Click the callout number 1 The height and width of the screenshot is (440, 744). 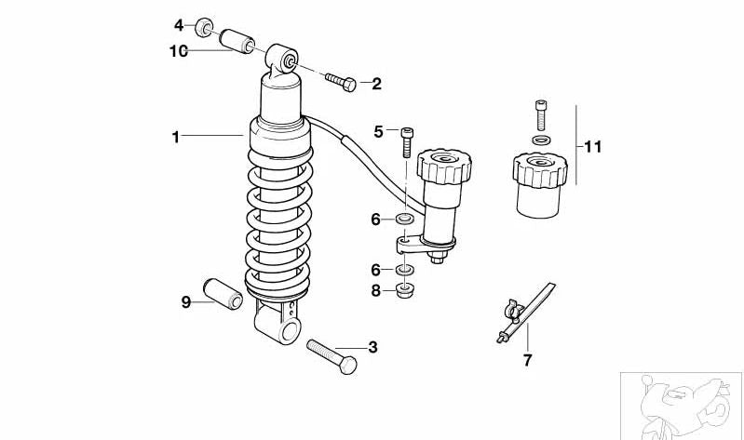click(x=174, y=137)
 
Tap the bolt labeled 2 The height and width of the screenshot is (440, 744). click(x=340, y=82)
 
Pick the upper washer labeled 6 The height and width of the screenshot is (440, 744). click(x=404, y=220)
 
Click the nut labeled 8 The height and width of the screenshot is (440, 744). click(x=404, y=291)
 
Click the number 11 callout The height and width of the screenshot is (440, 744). click(x=592, y=146)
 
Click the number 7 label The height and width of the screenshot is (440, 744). click(x=527, y=361)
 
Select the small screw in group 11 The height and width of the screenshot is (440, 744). click(x=540, y=115)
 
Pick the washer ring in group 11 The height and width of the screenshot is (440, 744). click(x=540, y=140)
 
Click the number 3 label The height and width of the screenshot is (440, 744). click(x=372, y=348)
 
